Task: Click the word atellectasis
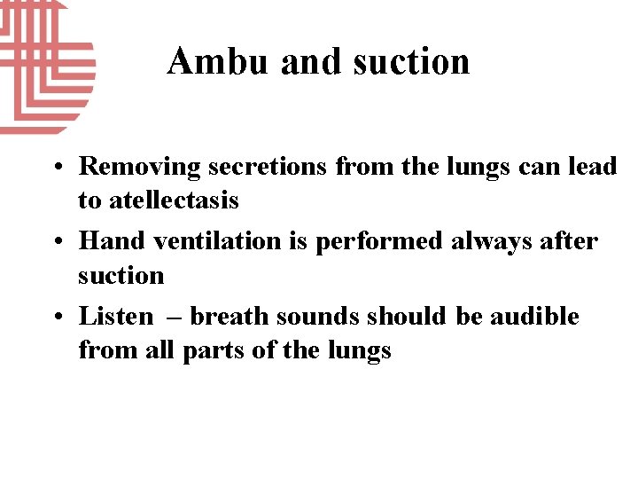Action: [174, 200]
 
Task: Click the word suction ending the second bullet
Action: [121, 275]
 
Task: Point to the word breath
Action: [231, 316]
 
